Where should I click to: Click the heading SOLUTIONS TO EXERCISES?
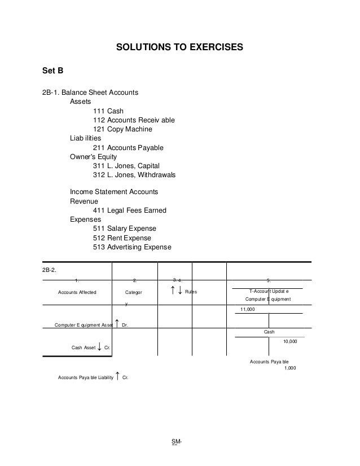[x=179, y=49]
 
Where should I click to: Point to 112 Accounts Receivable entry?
[x=134, y=120]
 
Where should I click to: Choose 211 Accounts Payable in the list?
[x=128, y=148]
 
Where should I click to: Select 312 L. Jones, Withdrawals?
[x=134, y=175]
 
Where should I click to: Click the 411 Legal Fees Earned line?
[x=129, y=211]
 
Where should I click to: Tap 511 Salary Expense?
[x=124, y=229]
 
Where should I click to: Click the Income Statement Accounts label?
[x=114, y=192]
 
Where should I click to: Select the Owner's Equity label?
[x=93, y=157]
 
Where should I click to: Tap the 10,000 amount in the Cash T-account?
[x=290, y=341]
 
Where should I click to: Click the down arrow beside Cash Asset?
[x=100, y=346]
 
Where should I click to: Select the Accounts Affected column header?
[x=78, y=292]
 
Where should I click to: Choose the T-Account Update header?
[x=269, y=290]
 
